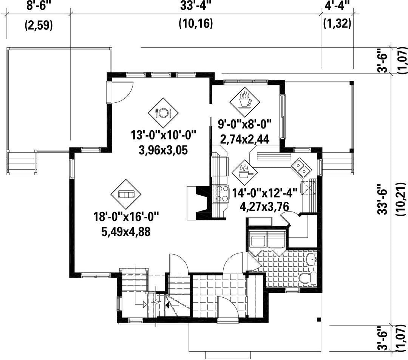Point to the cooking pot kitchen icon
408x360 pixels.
click(x=244, y=173)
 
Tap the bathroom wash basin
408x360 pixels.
click(x=311, y=260)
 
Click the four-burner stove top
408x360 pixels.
click(x=221, y=193)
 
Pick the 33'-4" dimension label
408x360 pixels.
click(x=195, y=5)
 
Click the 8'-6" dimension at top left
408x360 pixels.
click(x=39, y=5)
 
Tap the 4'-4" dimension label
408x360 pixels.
click(x=337, y=5)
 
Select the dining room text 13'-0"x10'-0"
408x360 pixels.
click(x=163, y=136)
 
